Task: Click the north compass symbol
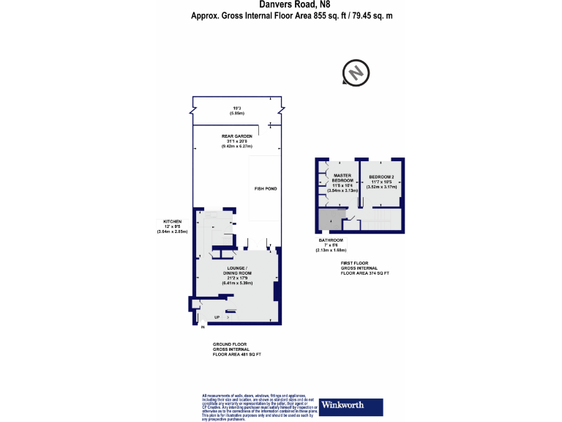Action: pos(355,73)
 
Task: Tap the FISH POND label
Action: pos(265,189)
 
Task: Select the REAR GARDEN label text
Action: pos(237,137)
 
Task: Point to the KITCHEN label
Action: pos(172,221)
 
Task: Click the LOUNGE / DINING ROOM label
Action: pos(237,270)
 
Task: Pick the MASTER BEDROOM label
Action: pos(342,179)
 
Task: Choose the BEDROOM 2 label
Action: pos(381,177)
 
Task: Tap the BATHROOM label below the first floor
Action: pos(330,240)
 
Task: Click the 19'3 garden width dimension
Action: pos(236,109)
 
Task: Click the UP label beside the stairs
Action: pos(217,317)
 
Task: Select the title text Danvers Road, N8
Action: pos(281,5)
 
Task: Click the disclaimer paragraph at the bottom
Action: pos(259,407)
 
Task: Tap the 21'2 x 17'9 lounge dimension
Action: pos(237,278)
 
